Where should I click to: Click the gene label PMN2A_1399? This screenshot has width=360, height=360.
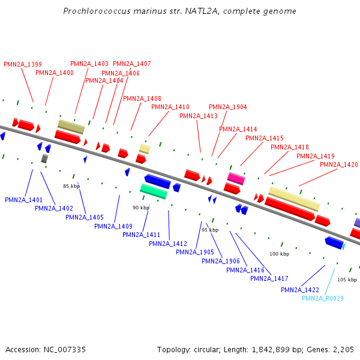23,64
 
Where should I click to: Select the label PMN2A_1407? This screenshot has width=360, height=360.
132,64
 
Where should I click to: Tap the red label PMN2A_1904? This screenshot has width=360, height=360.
227,107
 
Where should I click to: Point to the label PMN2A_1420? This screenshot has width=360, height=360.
338,164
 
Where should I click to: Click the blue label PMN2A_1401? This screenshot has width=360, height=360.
23,200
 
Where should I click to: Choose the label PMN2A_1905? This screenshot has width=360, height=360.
194,252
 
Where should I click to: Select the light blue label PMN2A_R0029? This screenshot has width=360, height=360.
323,298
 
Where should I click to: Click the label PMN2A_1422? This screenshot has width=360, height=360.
300,290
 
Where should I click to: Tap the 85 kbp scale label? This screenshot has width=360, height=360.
71,187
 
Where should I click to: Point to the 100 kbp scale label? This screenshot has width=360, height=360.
279,254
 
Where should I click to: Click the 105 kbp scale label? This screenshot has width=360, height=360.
347,280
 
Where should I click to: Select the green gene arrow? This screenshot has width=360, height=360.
154,191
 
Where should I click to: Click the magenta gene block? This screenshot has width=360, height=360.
236,178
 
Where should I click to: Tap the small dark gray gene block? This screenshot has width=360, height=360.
44,158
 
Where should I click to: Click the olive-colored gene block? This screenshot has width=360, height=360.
71,126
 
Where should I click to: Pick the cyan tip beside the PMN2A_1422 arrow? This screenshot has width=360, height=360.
344,245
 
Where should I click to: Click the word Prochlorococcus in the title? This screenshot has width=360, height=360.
99,11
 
